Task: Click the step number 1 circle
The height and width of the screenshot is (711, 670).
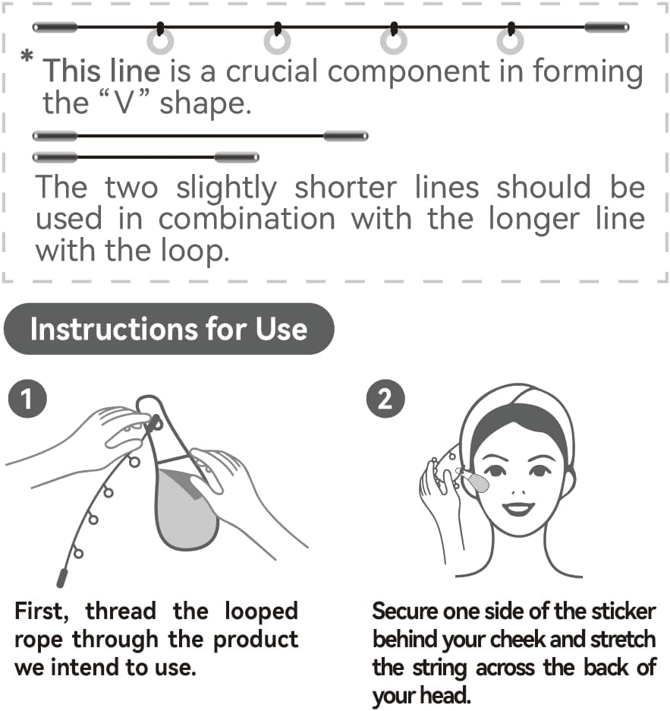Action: [x=27, y=399]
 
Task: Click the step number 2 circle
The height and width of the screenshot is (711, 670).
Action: [x=385, y=399]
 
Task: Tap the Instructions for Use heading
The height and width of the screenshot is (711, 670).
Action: [x=168, y=329]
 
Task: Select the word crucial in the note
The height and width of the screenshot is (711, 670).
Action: [x=274, y=71]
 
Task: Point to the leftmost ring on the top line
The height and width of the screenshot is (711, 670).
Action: [x=160, y=41]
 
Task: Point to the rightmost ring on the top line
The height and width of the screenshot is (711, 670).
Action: [x=511, y=41]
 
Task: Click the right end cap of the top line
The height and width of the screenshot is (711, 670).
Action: [x=606, y=27]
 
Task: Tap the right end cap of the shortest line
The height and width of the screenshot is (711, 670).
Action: [x=237, y=157]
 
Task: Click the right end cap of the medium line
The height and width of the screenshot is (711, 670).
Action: [x=345, y=136]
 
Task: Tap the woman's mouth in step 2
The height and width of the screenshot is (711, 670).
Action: [x=519, y=507]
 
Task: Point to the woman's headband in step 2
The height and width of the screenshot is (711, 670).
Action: [x=516, y=410]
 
